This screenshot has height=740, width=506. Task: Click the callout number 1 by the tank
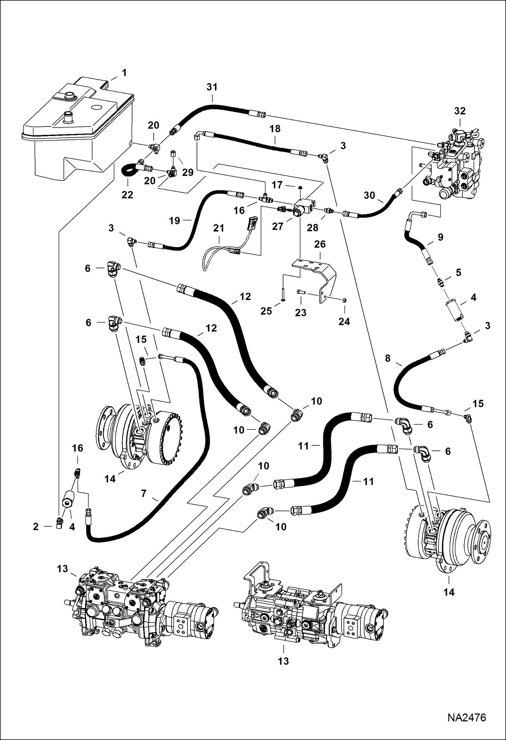point(124,73)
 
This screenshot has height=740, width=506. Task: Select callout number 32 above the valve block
point(460,111)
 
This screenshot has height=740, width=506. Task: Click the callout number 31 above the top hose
point(212,87)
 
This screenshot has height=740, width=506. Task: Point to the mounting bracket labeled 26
point(318,277)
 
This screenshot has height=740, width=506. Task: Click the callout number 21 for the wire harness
point(219,228)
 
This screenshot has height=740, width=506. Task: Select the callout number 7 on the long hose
point(144,493)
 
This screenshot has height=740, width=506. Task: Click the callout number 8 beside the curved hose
point(387,358)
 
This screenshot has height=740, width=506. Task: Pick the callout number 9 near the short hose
point(440,237)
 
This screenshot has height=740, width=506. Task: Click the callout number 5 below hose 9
point(458,272)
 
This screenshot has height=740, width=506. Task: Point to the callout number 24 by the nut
point(344,322)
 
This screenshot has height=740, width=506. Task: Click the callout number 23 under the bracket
point(300,312)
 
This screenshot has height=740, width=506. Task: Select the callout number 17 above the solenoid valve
point(277,185)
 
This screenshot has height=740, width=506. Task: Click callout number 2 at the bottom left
point(36,526)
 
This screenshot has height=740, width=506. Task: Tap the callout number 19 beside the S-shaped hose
point(174,221)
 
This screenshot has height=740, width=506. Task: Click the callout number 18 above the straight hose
point(275,129)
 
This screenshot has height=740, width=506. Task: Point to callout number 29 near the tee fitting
point(188,172)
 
